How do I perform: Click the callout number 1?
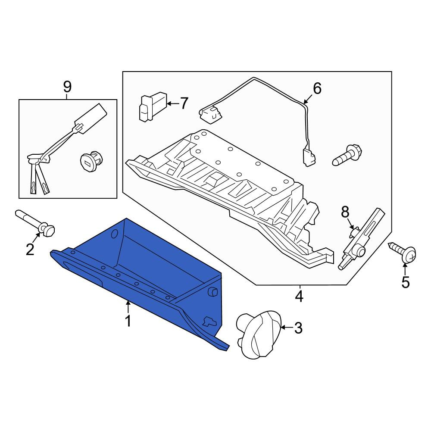tap(128, 321)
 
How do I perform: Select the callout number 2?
tap(30, 249)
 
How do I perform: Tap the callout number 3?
tap(298, 328)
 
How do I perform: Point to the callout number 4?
tap(299, 296)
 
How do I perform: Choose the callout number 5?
tap(406, 282)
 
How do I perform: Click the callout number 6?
tap(317, 88)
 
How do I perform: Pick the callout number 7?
tap(184, 103)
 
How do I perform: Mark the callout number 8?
tap(345, 212)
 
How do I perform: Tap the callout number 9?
tap(67, 87)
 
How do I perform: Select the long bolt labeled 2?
tap(35, 223)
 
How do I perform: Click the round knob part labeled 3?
tap(258, 334)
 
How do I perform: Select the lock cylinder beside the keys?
tap(91, 160)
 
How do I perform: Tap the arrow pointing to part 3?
tap(287, 328)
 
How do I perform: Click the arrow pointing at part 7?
tap(173, 103)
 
